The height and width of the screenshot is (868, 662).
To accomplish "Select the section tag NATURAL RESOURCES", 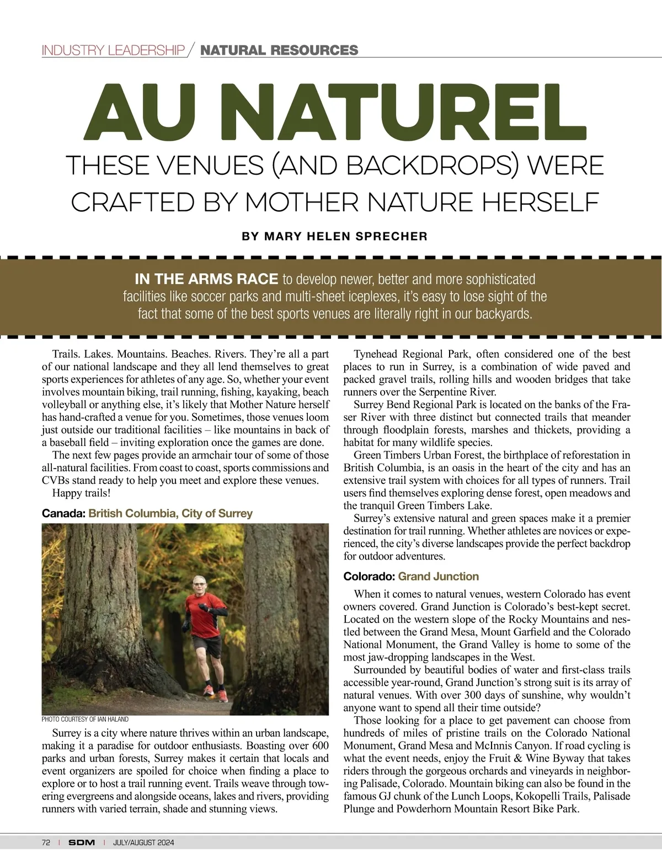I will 279,50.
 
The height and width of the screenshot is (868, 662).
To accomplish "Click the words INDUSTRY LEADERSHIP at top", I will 113,51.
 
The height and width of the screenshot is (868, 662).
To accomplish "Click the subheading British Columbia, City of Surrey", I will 170,514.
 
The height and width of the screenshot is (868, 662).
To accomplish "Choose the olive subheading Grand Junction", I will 439,577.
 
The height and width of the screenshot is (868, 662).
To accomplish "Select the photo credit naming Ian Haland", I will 85,720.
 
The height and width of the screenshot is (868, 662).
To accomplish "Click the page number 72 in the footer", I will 46,843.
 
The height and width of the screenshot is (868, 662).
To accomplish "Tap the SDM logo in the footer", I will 82,843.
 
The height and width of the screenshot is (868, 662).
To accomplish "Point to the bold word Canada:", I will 63,514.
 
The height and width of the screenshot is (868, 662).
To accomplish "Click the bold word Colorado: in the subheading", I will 369,577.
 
